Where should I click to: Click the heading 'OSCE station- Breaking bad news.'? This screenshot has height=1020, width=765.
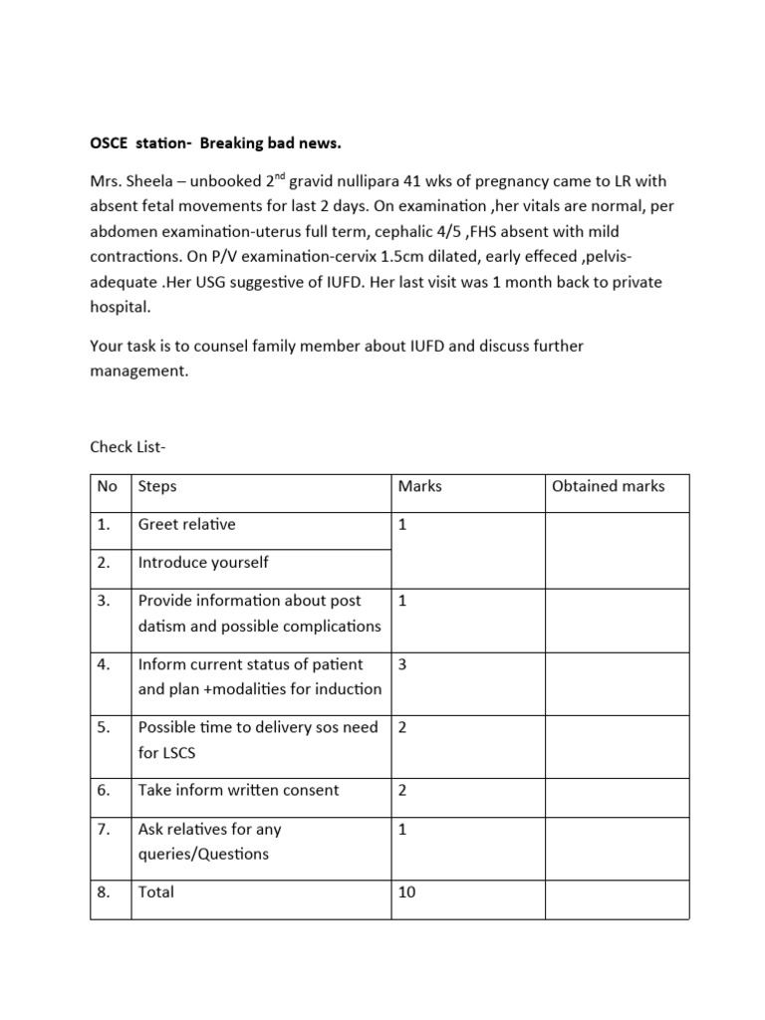(x=215, y=143)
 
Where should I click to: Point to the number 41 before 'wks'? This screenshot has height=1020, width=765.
(x=414, y=181)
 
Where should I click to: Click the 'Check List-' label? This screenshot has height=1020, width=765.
(x=127, y=447)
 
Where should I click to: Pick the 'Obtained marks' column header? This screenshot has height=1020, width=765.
(x=608, y=486)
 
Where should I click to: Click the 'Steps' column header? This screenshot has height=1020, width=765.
(x=157, y=486)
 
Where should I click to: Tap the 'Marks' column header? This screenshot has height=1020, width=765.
(x=419, y=486)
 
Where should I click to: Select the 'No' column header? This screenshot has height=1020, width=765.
(x=108, y=486)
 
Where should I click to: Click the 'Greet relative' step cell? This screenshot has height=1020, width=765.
(x=187, y=524)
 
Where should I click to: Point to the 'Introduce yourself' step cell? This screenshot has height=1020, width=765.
(x=203, y=562)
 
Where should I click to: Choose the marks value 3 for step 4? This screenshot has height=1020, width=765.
(x=402, y=663)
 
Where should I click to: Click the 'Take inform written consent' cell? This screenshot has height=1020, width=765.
(x=238, y=790)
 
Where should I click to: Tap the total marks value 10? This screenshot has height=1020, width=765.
(x=406, y=892)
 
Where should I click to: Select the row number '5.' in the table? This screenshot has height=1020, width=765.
(x=105, y=727)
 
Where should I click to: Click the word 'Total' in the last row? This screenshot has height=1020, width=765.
(x=156, y=892)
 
